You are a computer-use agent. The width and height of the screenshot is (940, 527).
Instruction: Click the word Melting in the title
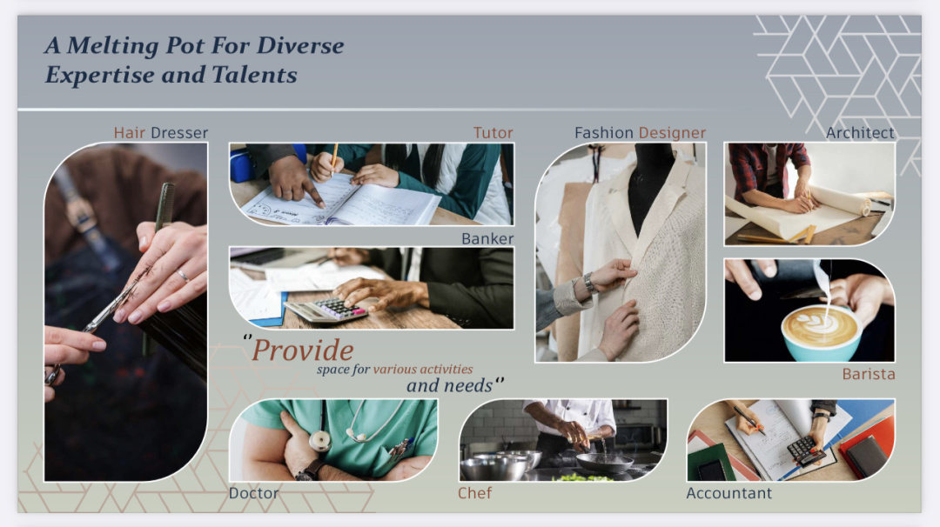[x=112, y=45]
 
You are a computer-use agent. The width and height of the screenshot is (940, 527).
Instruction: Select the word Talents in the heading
[x=254, y=75]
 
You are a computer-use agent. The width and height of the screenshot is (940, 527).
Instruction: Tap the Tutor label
[x=493, y=132]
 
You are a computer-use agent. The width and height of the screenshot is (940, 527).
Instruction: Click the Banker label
[x=487, y=238]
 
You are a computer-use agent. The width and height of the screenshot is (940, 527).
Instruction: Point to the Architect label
[x=860, y=132]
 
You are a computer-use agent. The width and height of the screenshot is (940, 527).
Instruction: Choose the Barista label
[x=868, y=374]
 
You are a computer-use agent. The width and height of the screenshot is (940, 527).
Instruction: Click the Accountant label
[x=729, y=493]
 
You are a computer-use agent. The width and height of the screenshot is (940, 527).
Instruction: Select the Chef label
[x=475, y=493]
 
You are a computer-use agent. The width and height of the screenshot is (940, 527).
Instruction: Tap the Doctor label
[x=253, y=493]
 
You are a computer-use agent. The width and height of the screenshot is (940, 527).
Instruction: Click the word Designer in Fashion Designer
[x=672, y=132]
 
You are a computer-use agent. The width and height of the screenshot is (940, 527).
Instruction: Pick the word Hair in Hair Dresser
[x=130, y=132]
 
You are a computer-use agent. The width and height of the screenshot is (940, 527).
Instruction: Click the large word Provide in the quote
[x=303, y=350]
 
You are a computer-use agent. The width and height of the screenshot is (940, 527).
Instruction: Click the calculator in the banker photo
[x=326, y=309]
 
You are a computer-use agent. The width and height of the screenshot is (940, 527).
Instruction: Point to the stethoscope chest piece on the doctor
[x=320, y=442]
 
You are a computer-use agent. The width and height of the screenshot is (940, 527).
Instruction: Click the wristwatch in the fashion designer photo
[x=589, y=283]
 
